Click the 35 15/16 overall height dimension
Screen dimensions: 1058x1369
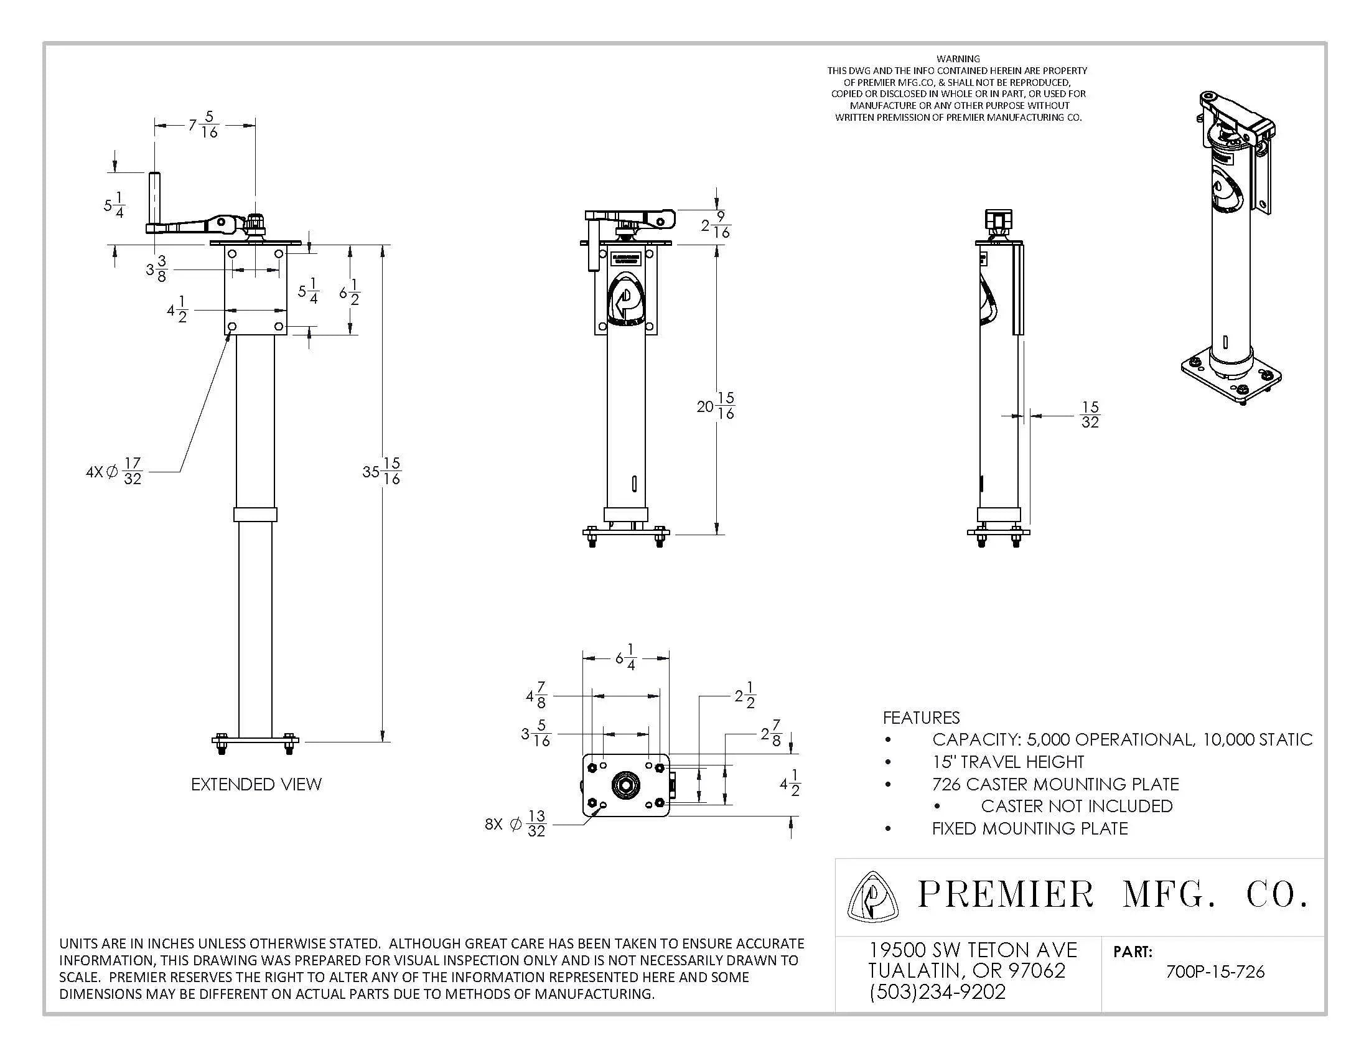click(381, 471)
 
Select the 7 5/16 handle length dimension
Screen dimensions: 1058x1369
click(204, 124)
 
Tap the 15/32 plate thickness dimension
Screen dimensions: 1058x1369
click(1090, 415)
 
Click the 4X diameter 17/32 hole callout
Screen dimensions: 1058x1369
click(114, 471)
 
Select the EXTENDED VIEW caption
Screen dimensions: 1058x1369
click(256, 784)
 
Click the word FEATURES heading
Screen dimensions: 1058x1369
click(921, 718)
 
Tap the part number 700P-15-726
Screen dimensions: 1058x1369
click(1214, 972)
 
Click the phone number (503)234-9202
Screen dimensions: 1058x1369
click(937, 992)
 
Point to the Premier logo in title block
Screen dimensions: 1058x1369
click(872, 897)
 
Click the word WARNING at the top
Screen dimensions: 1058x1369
click(958, 59)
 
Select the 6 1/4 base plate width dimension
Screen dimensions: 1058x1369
click(625, 657)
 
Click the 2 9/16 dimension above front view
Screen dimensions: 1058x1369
click(716, 225)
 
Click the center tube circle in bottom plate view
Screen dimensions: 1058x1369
click(625, 785)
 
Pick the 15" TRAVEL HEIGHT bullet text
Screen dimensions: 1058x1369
click(1007, 762)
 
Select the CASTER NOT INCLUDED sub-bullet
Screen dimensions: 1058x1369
click(1077, 806)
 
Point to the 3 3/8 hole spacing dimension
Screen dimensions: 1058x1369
click(157, 269)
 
